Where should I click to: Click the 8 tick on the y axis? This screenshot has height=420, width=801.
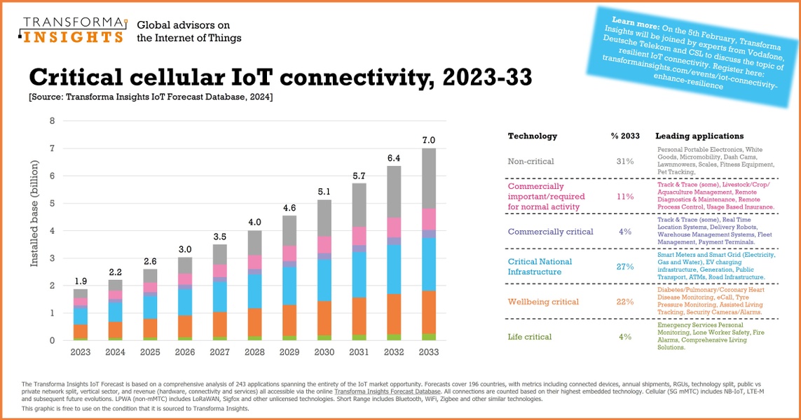point(52,121)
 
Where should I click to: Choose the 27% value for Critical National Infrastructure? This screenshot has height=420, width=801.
point(625,267)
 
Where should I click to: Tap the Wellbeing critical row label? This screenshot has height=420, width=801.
point(543,302)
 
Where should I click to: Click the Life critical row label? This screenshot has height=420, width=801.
point(529,337)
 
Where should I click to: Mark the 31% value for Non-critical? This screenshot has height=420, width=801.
point(625,161)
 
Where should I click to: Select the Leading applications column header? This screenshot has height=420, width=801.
point(699,136)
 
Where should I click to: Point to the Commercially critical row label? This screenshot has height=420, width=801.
point(550,232)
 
